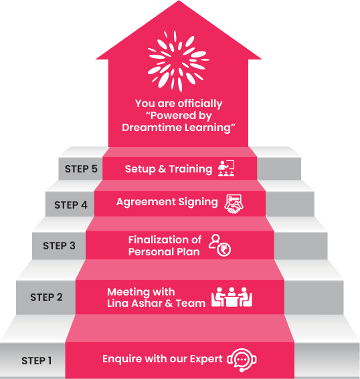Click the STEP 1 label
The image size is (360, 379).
[37, 361]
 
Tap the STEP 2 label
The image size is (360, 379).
[46, 297]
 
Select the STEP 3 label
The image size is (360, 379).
[59, 245]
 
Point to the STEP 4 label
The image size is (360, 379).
[71, 205]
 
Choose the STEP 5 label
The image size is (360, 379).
[81, 168]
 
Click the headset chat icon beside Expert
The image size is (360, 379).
[242, 360]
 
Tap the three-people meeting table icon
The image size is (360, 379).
[232, 297]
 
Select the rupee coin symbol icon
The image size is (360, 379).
[223, 250]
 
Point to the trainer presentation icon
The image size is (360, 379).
[226, 168]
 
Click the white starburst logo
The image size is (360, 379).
[179, 61]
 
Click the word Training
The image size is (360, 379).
[191, 169]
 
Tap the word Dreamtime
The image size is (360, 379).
[152, 128]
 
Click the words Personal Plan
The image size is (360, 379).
[164, 252]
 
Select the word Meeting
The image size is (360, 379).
[128, 292]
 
